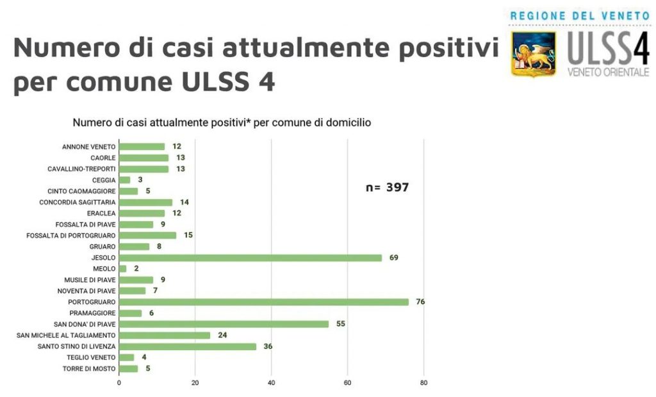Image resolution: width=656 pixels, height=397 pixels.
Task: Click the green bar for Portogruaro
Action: (264, 302)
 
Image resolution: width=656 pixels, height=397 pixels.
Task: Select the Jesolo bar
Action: (250, 258)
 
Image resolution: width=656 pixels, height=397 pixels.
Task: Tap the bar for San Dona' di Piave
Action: (224, 324)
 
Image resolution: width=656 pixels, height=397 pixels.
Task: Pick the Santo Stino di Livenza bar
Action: (188, 346)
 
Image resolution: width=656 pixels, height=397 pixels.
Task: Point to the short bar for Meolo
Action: (123, 269)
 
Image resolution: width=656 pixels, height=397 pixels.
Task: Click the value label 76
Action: (420, 302)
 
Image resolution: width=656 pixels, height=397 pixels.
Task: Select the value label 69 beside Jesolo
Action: (393, 258)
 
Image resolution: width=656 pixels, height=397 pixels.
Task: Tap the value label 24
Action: (222, 335)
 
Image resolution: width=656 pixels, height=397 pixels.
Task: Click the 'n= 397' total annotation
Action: (387, 187)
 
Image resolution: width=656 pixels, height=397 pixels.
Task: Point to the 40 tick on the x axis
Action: (271, 383)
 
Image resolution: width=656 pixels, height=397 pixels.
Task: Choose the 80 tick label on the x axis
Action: (423, 383)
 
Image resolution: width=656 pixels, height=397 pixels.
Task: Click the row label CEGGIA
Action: (103, 180)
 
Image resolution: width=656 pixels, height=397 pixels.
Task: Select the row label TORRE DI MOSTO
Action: (89, 369)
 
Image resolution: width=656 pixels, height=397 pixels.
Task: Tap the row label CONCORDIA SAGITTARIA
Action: (78, 202)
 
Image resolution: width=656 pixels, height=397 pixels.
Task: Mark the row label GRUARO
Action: (102, 246)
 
